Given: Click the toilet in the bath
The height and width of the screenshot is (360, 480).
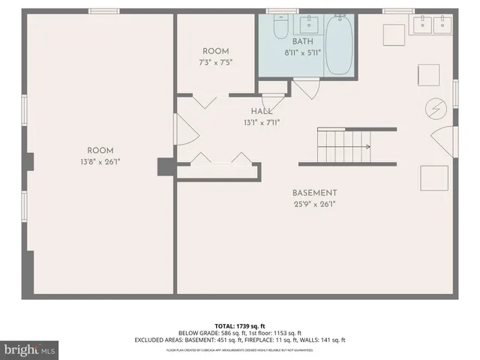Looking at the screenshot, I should click(x=280, y=28).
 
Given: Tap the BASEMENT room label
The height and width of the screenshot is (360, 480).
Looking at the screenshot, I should click(x=314, y=193).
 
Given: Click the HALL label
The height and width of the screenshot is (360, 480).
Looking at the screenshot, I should click(x=261, y=111).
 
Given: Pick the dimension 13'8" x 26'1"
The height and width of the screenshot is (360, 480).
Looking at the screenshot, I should click(x=100, y=161).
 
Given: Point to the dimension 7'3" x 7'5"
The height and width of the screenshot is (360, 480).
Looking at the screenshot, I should click(x=216, y=63).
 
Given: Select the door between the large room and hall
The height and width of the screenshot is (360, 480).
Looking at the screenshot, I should click(x=186, y=130).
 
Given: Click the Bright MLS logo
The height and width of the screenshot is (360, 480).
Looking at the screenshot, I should click(x=30, y=349).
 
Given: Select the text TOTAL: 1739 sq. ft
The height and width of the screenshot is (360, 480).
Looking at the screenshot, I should click(x=239, y=325).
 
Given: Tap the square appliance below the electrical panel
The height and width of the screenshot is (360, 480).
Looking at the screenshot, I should click(x=433, y=179).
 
